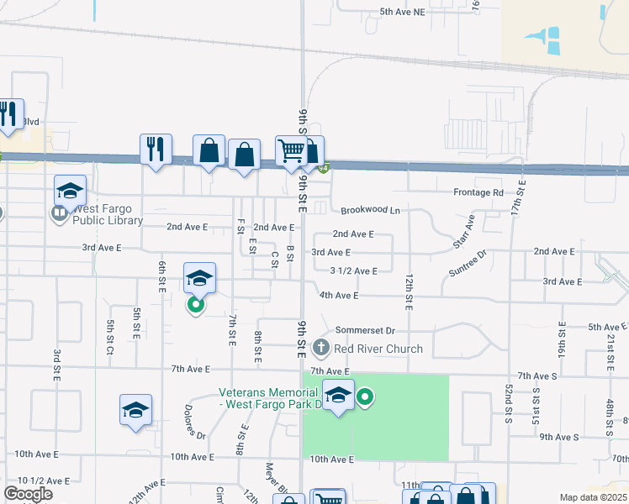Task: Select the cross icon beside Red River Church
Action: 320,347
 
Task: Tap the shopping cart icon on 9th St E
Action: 291,150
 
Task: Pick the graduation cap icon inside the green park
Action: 338,395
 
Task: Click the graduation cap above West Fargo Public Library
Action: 71,190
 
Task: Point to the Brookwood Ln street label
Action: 370,210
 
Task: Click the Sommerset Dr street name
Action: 371,331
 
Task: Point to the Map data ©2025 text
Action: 594,497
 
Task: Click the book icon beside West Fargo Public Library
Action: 60,213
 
